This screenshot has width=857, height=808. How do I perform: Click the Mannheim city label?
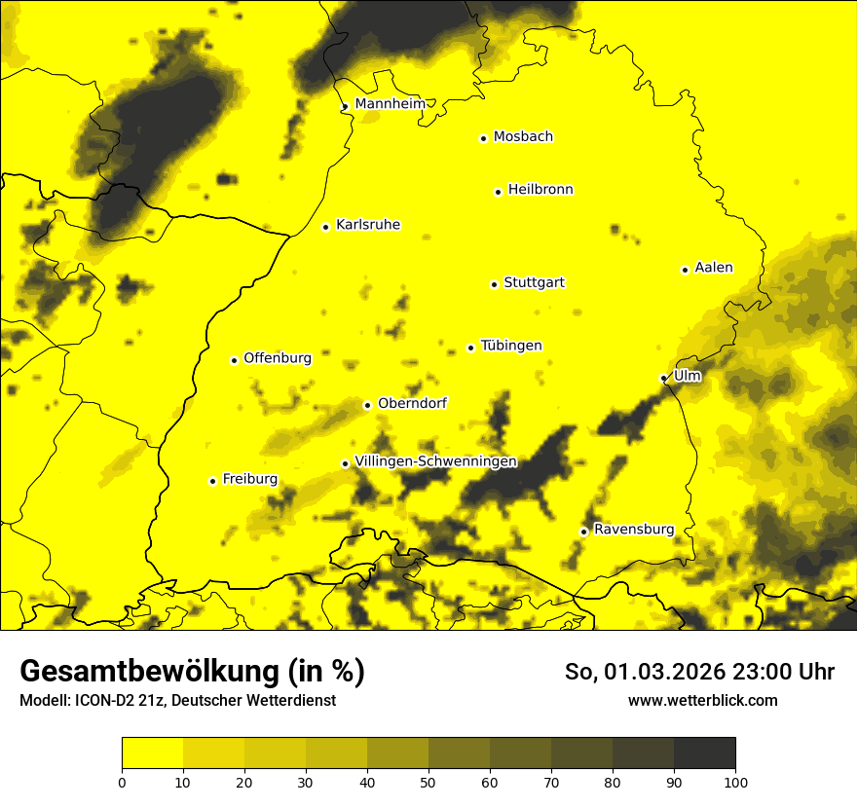tap(391, 103)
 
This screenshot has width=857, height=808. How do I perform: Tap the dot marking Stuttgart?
tap(494, 284)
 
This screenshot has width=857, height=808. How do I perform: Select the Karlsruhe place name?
tap(367, 225)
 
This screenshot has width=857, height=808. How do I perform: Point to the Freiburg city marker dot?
tap(212, 481)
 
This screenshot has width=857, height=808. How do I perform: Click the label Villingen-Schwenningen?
tap(435, 461)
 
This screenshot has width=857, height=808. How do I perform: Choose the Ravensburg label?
tap(633, 530)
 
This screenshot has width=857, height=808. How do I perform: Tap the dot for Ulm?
tap(663, 378)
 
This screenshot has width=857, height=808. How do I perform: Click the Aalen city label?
tap(713, 268)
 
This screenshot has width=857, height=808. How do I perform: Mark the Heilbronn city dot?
tap(498, 192)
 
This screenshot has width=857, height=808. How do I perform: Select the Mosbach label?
tap(523, 137)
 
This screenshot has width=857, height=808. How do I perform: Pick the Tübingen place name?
tap(511, 346)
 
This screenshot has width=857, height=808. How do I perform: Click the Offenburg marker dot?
tap(234, 360)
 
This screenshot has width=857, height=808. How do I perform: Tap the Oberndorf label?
tap(412, 403)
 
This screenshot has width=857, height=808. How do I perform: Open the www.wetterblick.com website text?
tap(702, 701)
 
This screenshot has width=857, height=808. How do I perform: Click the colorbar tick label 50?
tap(428, 782)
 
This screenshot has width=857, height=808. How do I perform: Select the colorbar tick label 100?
tap(734, 782)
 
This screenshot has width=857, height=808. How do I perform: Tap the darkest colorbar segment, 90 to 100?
tap(704, 753)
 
